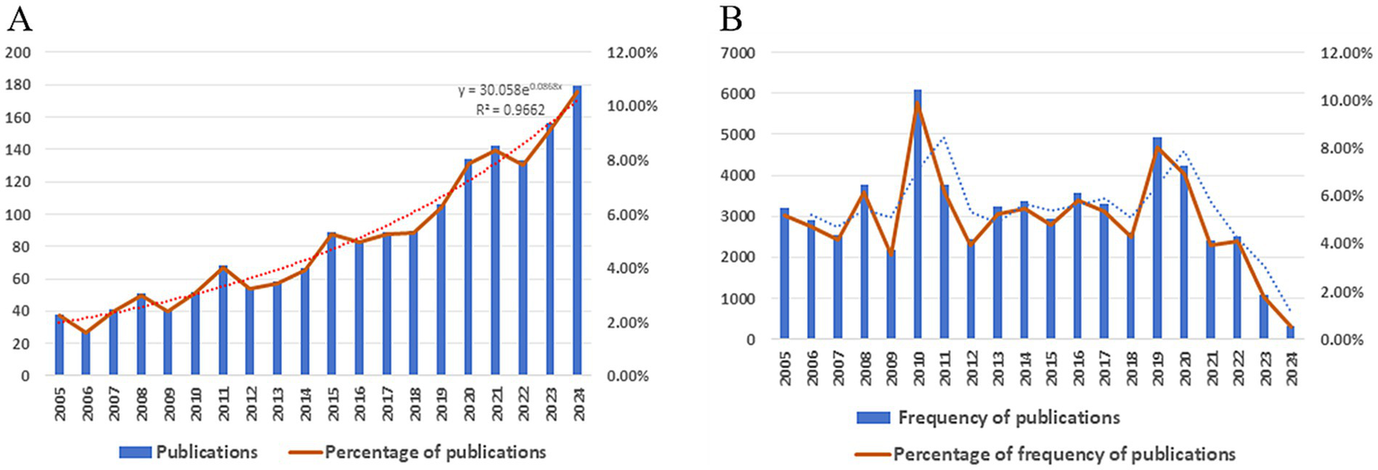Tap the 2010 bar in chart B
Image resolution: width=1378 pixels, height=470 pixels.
[917, 215]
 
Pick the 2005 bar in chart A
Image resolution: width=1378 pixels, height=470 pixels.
[60, 345]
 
